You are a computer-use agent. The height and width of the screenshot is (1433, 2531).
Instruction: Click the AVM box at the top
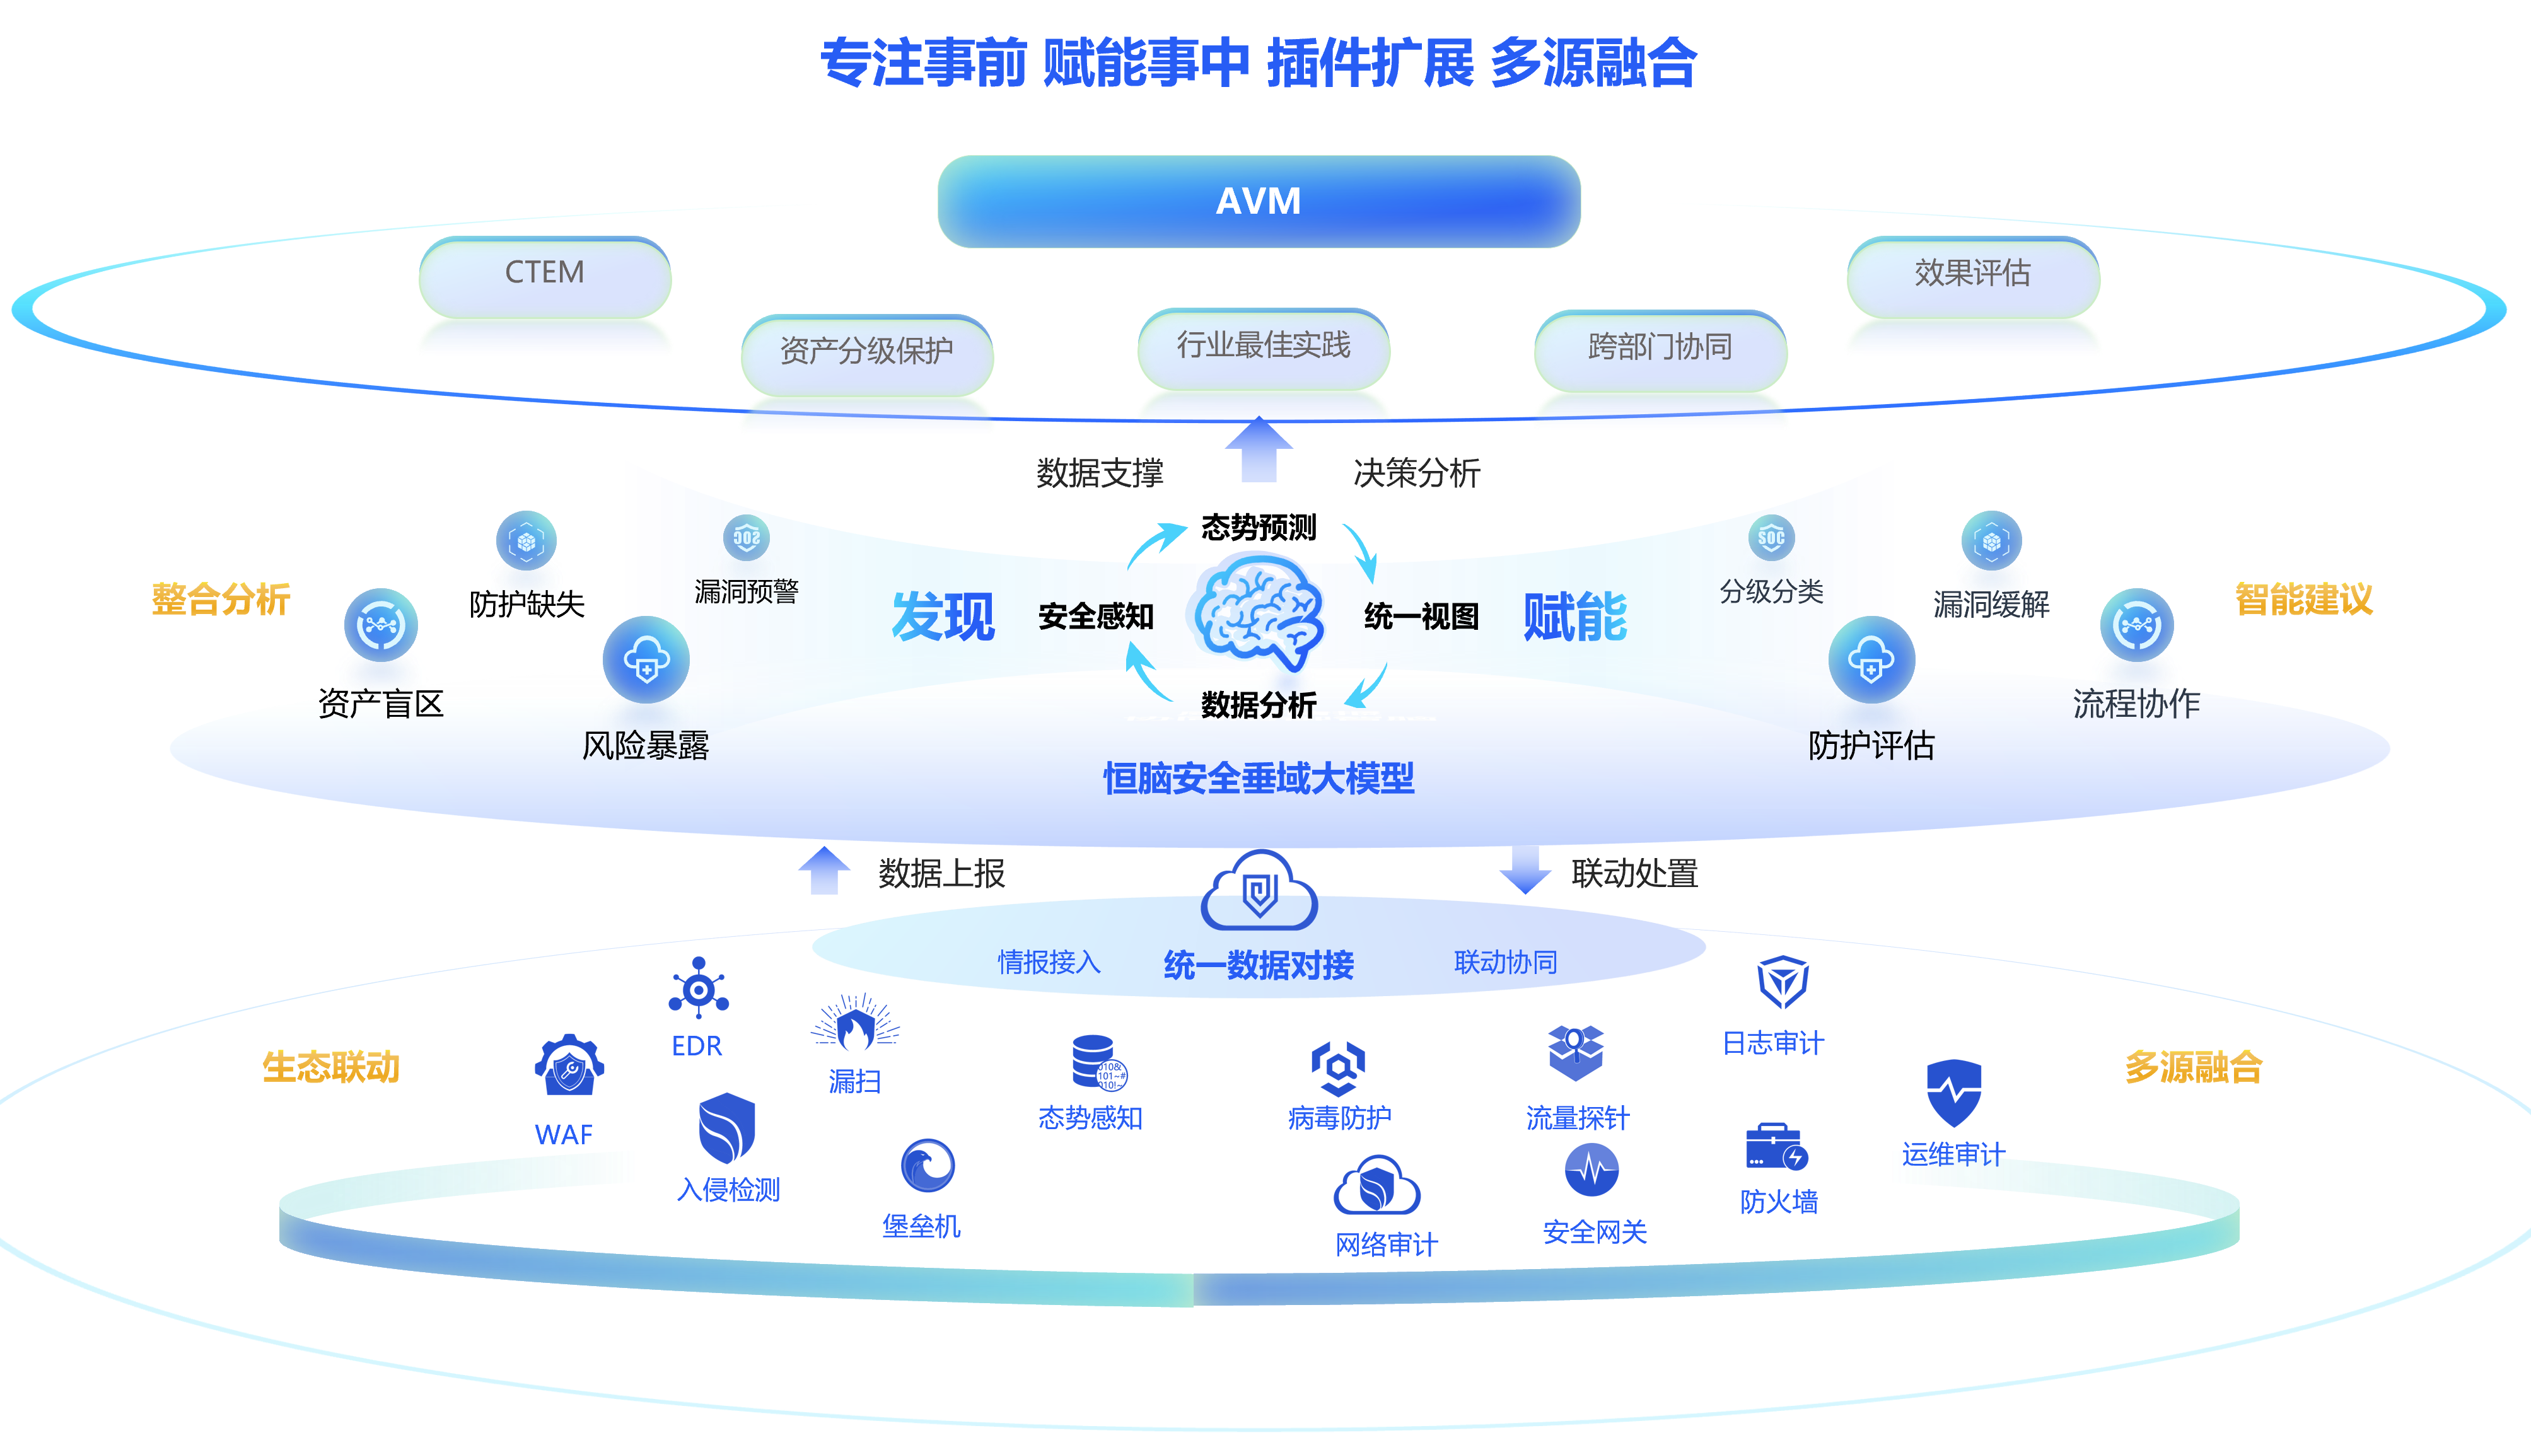pyautogui.click(x=1259, y=200)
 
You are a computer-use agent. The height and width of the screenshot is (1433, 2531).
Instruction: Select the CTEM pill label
pyautogui.click(x=544, y=272)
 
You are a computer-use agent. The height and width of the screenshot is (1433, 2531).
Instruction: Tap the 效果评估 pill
pyautogui.click(x=1972, y=272)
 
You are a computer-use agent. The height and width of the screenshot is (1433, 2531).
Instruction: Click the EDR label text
pyautogui.click(x=697, y=1045)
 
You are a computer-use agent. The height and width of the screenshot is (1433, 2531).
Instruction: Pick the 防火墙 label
pyautogui.click(x=1778, y=1202)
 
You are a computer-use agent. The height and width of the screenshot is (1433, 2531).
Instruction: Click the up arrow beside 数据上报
pyautogui.click(x=823, y=871)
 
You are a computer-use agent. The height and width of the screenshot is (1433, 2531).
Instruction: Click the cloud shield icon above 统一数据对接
pyautogui.click(x=1259, y=891)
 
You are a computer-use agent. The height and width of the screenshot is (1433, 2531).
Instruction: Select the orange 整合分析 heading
pyautogui.click(x=221, y=598)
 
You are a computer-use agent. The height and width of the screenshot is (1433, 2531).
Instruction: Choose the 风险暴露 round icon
pyautogui.click(x=646, y=659)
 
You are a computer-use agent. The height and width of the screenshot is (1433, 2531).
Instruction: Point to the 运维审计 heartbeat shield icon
pyautogui.click(x=1953, y=1093)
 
